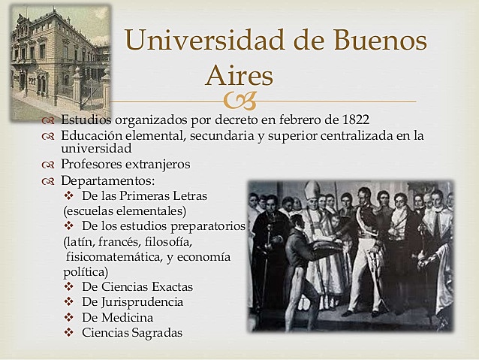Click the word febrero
290,119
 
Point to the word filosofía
166,241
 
